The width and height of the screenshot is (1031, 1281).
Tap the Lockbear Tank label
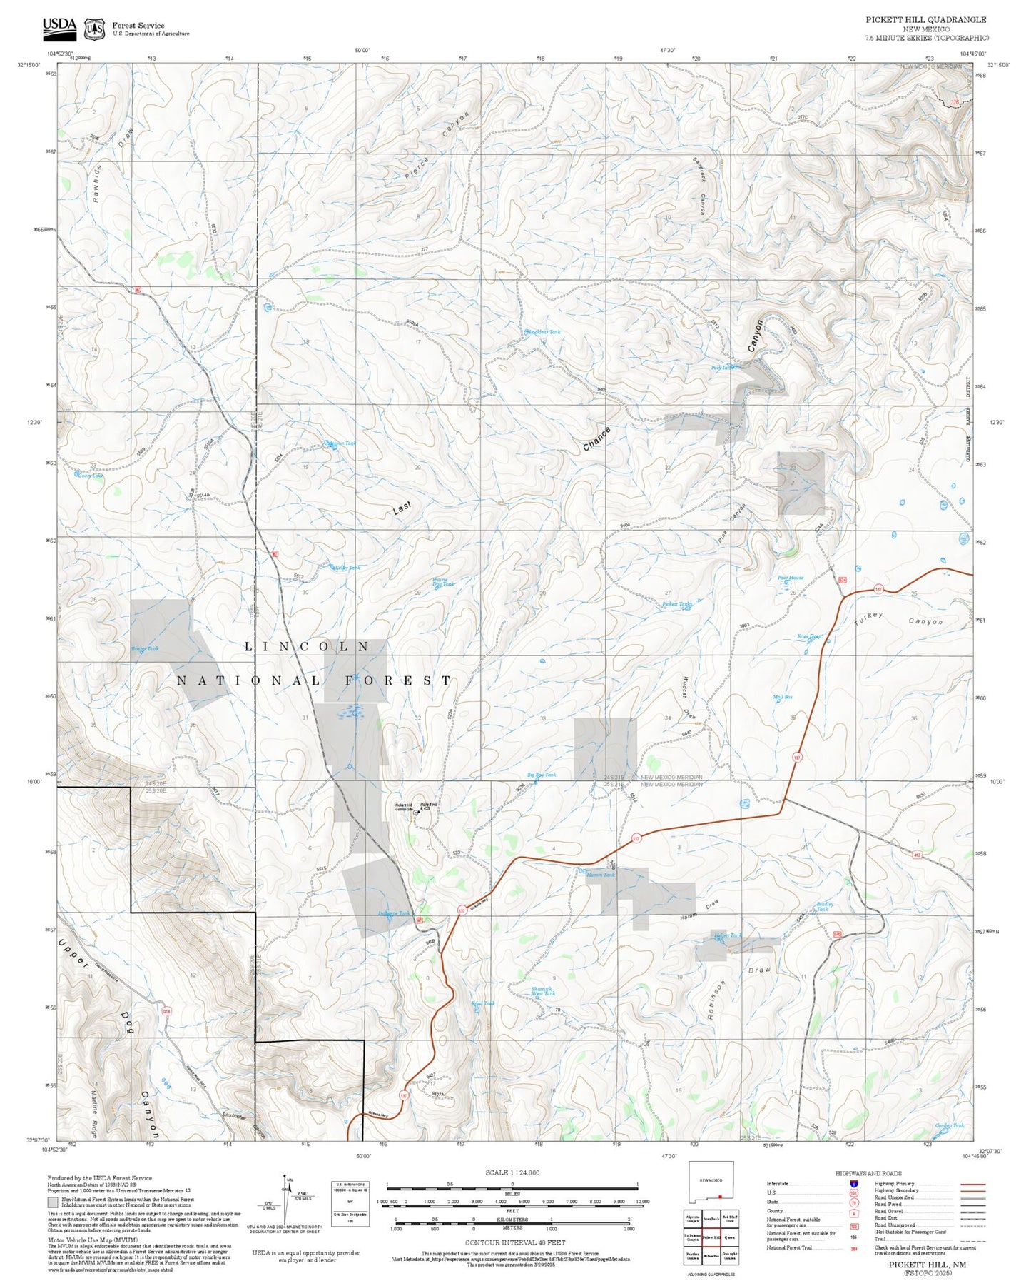(x=543, y=332)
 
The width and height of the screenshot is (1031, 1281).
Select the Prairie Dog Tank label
(x=442, y=581)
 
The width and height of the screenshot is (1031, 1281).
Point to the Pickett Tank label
(x=676, y=604)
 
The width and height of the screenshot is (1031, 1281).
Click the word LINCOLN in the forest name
(x=307, y=646)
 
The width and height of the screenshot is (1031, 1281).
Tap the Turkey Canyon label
(x=898, y=618)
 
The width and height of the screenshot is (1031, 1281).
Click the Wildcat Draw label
(x=688, y=697)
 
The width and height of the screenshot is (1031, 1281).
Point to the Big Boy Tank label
(x=541, y=775)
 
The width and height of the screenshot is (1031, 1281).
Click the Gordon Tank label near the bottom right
(x=949, y=1125)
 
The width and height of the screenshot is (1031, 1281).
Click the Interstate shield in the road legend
(x=853, y=1184)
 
